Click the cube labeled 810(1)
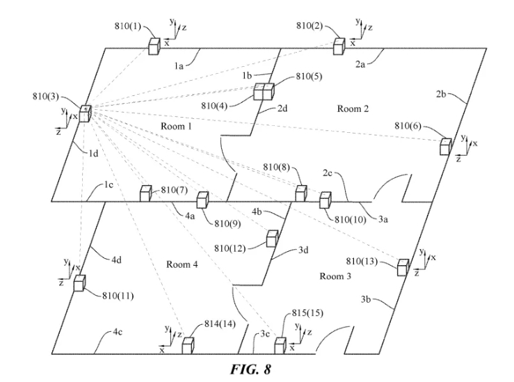click(154, 46)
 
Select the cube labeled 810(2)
click(339, 46)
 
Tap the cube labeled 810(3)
click(85, 113)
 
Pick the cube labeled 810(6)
click(446, 147)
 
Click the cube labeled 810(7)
click(145, 193)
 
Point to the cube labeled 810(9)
click(202, 200)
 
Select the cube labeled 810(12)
click(273, 239)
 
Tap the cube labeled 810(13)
click(403, 267)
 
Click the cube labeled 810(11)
click(79, 283)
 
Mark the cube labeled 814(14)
click(188, 345)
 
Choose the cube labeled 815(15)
click(280, 345)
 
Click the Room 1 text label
click(176, 126)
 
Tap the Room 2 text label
click(353, 109)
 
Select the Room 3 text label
click(335, 276)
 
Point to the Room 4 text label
click(182, 264)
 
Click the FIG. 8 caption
click(251, 369)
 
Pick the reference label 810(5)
click(309, 77)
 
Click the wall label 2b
click(441, 94)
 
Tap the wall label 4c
click(118, 332)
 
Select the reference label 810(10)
click(350, 219)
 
